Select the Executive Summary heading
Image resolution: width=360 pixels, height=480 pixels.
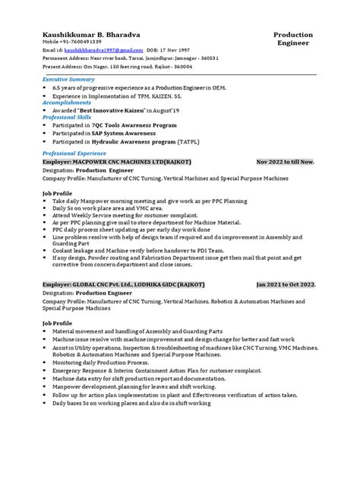coord(68,79)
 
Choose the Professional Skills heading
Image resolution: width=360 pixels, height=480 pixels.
coord(68,118)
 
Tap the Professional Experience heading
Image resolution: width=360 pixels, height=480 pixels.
coord(76,153)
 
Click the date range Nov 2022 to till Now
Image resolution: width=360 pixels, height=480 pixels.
coord(290,162)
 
